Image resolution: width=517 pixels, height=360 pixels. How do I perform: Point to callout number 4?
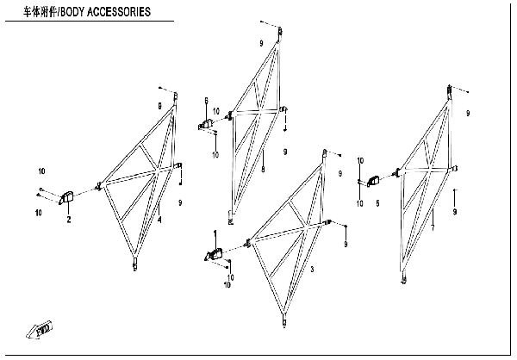click(x=159, y=220)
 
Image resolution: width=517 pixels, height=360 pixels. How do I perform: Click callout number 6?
click(x=207, y=102)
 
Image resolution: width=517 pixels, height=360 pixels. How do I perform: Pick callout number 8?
click(x=264, y=169)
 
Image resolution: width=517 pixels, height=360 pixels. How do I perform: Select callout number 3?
click(x=312, y=270)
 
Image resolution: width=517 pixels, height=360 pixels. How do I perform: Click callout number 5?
click(x=377, y=203)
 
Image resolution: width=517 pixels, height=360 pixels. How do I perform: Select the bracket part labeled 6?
click(x=208, y=125)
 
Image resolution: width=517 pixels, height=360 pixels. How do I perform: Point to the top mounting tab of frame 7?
click(x=450, y=89)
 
